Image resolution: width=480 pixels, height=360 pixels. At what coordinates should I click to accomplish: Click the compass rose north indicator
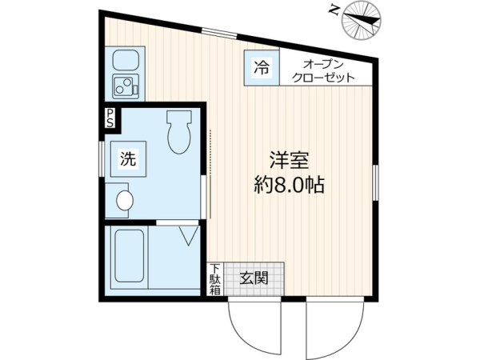tap(362, 21)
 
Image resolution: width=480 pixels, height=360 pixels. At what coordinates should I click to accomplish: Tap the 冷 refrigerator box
tap(262, 67)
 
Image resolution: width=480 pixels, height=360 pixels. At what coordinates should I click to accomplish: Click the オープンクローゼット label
tap(323, 71)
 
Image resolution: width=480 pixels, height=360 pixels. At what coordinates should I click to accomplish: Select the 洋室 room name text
tap(290, 159)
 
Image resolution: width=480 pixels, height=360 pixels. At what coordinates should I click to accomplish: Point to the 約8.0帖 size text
tap(290, 184)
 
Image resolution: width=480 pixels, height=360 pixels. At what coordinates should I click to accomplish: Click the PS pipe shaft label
tap(110, 118)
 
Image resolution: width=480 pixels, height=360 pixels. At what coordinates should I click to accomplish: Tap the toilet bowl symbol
tap(179, 132)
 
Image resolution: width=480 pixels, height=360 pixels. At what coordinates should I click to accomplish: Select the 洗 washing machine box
tap(128, 159)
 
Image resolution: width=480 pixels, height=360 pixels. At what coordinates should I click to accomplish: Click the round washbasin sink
tap(125, 201)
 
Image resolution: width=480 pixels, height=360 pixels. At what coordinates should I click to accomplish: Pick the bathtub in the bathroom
tap(129, 256)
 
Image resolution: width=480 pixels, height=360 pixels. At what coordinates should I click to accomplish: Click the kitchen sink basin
tap(126, 60)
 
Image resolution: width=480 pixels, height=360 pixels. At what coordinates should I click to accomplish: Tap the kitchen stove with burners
tap(126, 86)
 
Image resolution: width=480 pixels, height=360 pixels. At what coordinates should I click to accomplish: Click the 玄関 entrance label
tap(254, 278)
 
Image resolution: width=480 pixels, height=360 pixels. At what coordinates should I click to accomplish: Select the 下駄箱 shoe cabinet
tap(215, 279)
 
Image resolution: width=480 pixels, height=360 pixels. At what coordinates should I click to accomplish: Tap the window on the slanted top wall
tap(219, 34)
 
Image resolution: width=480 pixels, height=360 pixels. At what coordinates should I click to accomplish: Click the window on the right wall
tap(375, 182)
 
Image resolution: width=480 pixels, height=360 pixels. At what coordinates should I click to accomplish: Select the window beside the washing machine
tap(102, 159)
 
